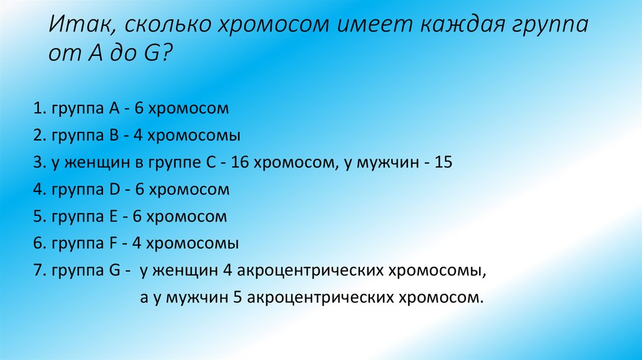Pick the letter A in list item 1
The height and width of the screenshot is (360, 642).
point(113,109)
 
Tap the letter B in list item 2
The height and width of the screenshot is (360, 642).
point(113,135)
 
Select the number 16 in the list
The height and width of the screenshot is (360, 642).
point(239,162)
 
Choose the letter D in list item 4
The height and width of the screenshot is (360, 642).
point(114,189)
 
